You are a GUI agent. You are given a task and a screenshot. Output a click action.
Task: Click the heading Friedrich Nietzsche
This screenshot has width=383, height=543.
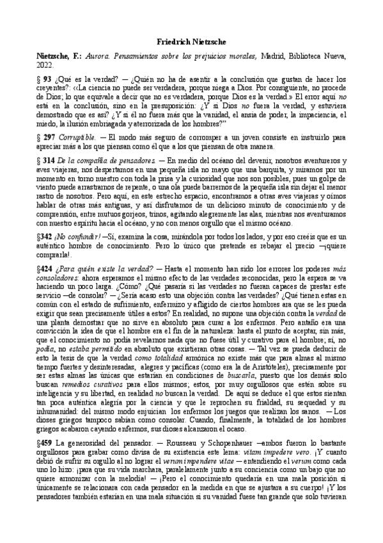click(191, 40)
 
